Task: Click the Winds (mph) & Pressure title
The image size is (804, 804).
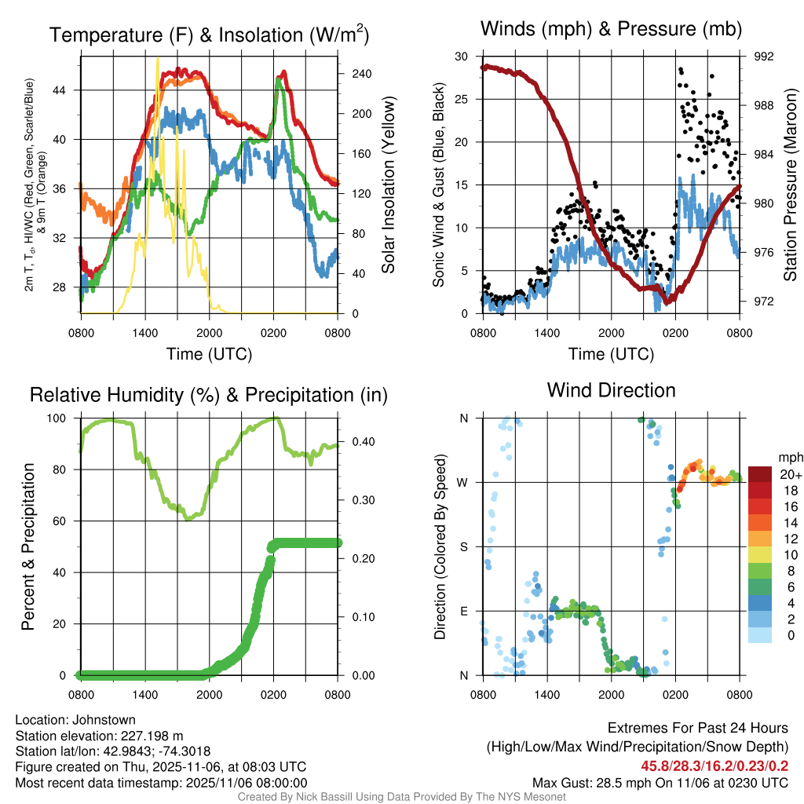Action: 611,29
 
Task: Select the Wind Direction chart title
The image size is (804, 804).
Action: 611,389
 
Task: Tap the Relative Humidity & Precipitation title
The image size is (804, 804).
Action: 209,395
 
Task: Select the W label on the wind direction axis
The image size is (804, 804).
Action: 463,482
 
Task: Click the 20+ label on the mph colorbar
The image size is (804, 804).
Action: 789,475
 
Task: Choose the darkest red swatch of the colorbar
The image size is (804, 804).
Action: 761,474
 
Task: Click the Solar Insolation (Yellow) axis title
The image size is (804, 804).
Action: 388,185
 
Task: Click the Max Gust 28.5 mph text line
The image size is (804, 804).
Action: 660,783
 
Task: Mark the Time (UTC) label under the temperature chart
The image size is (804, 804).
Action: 209,354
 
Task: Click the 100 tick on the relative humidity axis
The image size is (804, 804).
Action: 62,418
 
